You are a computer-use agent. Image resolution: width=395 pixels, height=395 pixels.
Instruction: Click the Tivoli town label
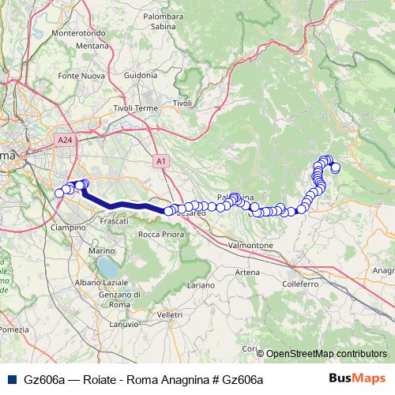tap(182, 103)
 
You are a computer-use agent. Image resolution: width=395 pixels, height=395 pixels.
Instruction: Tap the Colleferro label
tap(299, 283)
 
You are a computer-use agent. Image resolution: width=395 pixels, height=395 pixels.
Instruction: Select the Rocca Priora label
tap(160, 235)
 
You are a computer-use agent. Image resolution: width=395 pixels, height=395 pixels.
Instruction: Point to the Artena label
tap(246, 272)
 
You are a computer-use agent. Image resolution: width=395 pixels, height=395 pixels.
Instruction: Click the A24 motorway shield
tap(66, 140)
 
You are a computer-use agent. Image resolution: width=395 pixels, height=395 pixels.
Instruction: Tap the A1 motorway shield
tap(161, 161)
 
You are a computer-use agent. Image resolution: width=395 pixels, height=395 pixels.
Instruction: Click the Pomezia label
tap(14, 329)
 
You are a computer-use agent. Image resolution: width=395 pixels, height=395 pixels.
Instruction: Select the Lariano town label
tap(201, 284)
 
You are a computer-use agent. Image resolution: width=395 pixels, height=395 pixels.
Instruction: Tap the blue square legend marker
tap(10, 379)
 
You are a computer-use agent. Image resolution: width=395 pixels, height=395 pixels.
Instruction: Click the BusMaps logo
tap(357, 379)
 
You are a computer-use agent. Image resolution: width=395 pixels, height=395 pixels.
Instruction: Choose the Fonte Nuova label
tap(80, 76)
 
